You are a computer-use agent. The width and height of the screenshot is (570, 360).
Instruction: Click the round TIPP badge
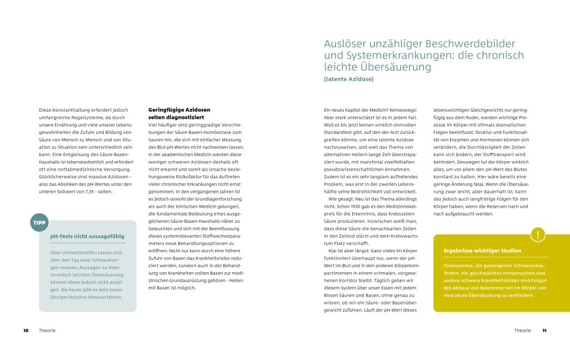[39, 223]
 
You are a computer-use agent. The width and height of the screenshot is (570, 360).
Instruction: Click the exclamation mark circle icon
[538, 234]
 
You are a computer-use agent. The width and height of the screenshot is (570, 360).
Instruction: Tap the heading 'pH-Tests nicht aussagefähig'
[87, 236]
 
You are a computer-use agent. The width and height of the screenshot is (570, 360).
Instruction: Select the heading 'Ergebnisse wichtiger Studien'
[474, 251]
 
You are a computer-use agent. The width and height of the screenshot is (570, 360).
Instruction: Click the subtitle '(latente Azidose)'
[348, 79]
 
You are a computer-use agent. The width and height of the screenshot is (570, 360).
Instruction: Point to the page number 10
[26, 331]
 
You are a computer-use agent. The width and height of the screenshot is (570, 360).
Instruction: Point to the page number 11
[544, 331]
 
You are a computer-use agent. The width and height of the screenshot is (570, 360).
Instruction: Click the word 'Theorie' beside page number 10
[47, 331]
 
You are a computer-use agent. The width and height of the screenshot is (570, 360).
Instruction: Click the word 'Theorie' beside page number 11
[522, 331]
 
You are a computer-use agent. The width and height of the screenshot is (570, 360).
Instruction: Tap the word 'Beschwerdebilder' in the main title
[469, 44]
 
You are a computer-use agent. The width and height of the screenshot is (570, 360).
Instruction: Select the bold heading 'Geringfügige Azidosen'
[179, 110]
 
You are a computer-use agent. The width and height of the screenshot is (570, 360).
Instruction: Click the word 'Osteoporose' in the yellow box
[458, 266]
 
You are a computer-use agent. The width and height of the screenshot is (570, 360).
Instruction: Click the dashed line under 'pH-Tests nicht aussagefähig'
[87, 243]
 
